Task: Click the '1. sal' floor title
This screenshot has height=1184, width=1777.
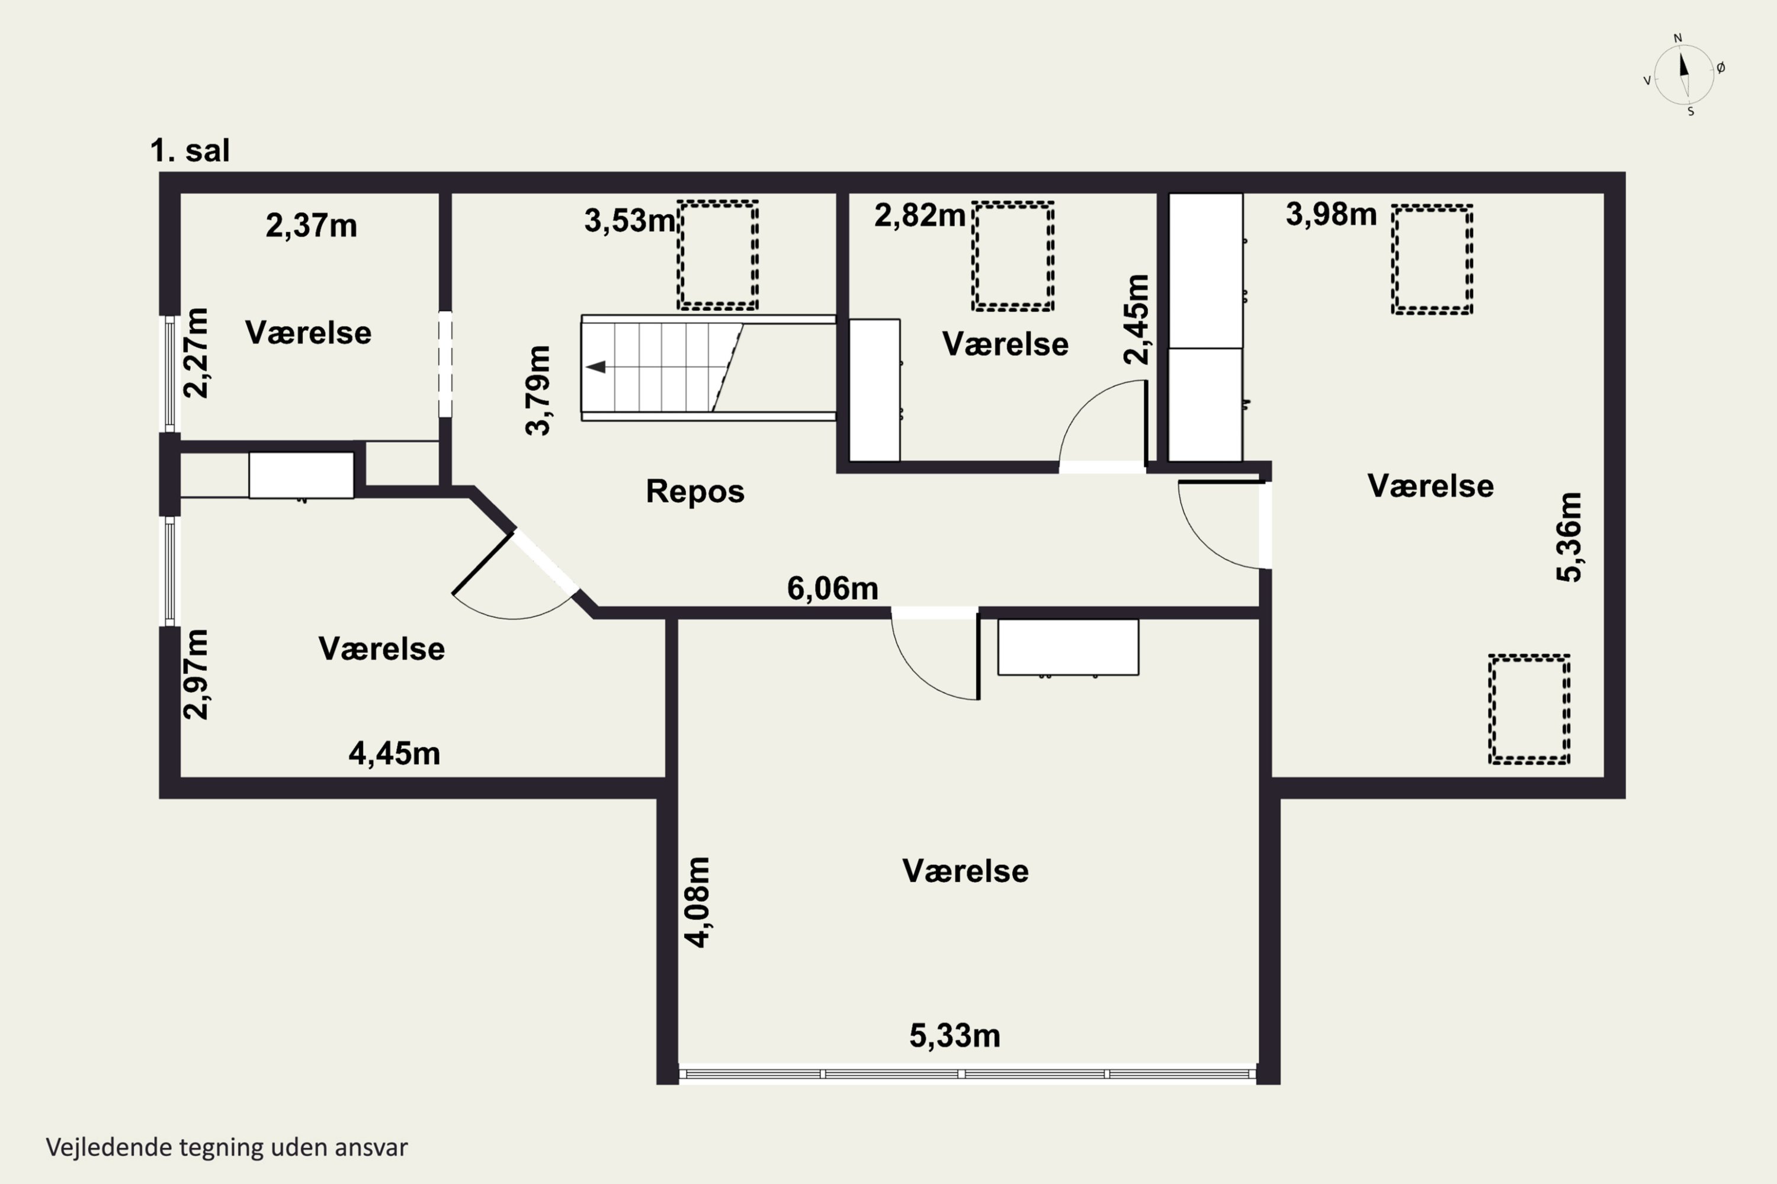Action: (x=190, y=150)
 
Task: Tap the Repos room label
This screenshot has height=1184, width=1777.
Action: (x=695, y=491)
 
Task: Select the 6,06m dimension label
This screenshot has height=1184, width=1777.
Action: (x=833, y=588)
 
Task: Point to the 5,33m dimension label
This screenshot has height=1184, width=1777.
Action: (x=955, y=1035)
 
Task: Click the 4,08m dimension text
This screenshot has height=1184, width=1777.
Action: (x=697, y=902)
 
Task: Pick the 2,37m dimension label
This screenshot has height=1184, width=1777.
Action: (x=312, y=226)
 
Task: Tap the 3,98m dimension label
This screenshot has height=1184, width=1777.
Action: (x=1331, y=214)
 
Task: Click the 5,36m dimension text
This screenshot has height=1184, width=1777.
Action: (x=1569, y=537)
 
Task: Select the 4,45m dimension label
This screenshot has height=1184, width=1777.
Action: (x=394, y=754)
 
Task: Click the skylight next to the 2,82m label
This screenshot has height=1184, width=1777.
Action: (x=1012, y=256)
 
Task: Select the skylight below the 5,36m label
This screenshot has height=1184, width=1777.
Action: (x=1529, y=709)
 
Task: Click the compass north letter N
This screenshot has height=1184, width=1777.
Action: (x=1678, y=38)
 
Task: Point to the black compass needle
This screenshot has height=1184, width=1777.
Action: (x=1683, y=63)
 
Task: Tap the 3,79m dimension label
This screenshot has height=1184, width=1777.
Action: (x=538, y=390)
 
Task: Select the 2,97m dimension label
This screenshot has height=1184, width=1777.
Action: (x=195, y=674)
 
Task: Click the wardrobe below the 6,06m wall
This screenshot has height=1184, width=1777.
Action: (x=1069, y=647)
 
